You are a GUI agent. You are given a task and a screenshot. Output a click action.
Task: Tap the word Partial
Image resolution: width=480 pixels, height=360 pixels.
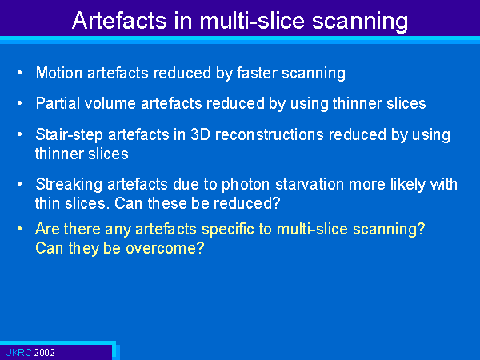58,103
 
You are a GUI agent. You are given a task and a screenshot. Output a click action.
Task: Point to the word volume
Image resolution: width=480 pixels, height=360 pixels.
110,103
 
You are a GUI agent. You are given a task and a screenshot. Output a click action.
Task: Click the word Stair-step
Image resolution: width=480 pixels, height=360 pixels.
69,135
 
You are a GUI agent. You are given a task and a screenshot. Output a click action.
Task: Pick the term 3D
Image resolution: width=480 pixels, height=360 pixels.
200,134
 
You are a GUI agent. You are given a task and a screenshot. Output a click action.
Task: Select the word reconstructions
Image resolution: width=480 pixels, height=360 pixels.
270,134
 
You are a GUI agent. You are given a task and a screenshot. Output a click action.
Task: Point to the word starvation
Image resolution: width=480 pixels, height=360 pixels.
310,185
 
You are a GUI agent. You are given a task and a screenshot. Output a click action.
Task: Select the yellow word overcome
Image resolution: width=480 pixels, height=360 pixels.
165,248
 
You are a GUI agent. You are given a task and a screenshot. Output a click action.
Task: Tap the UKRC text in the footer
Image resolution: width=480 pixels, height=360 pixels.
18,352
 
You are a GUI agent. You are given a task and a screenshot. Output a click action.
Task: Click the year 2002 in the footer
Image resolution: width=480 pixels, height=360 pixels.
44,352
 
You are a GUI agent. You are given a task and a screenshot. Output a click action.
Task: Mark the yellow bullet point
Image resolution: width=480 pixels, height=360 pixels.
20,229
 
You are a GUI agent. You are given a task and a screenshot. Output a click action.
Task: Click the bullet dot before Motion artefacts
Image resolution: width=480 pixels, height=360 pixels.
20,73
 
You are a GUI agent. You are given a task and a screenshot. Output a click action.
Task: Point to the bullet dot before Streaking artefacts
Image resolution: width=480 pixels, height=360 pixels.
20,184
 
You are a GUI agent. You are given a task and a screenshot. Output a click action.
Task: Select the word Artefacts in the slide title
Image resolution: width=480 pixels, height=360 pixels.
119,21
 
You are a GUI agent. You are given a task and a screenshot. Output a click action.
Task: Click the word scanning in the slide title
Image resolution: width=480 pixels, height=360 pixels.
360,22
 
